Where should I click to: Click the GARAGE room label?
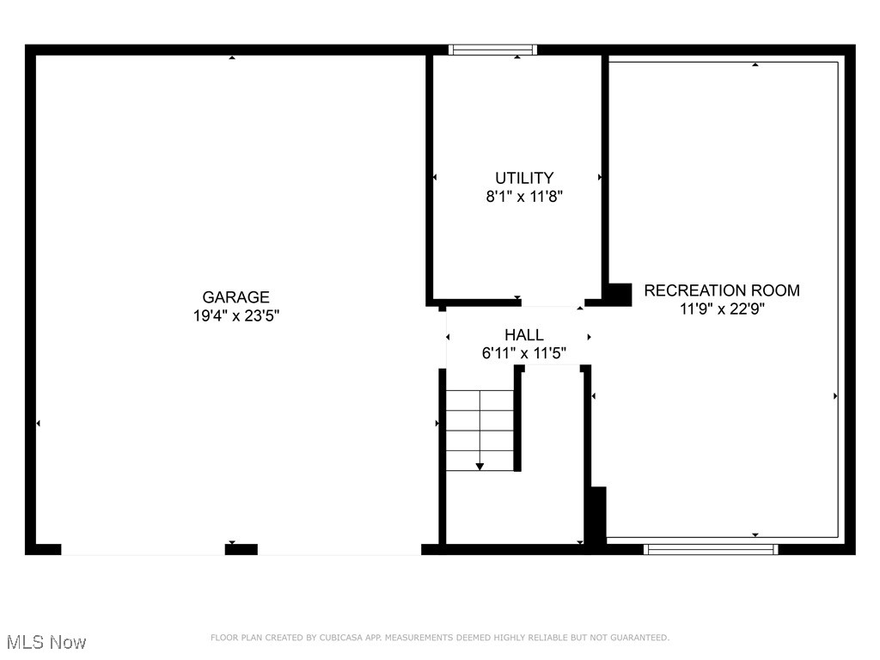235,297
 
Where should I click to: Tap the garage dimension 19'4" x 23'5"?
235,315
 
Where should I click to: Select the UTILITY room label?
523,178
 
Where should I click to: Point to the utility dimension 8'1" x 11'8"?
523,196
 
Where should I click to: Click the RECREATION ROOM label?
722,290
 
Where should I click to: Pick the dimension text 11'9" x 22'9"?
722,309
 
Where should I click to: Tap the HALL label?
523,335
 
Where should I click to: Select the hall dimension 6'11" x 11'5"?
523,352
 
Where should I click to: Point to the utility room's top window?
493,50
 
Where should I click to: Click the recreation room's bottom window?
711,549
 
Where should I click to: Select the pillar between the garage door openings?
241,549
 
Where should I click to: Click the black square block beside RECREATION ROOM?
619,294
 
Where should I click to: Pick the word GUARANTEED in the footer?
639,638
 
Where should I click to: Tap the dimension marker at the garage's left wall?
38,424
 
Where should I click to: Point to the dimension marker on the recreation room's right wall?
835,396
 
